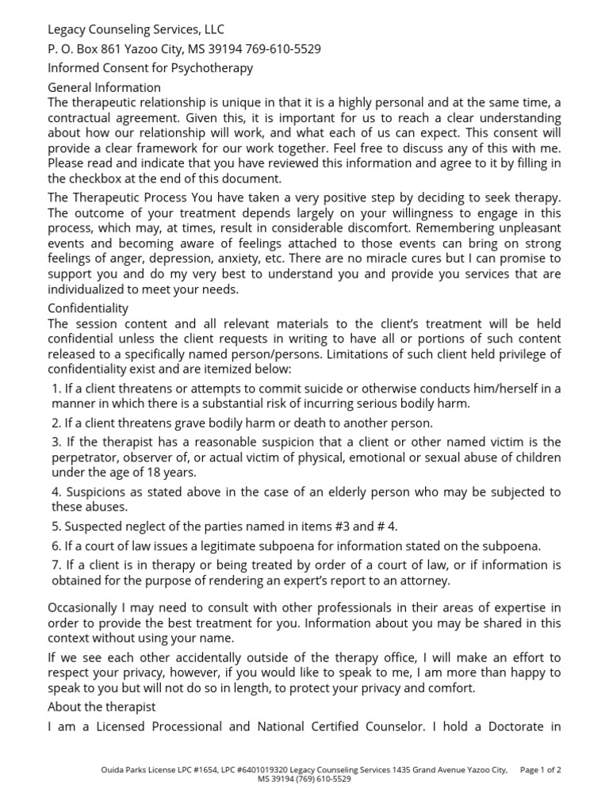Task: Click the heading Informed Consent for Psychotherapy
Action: pyautogui.click(x=151, y=68)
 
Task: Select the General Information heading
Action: pyautogui.click(x=104, y=87)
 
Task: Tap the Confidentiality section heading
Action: pyautogui.click(x=88, y=308)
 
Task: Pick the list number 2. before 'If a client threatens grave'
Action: pyautogui.click(x=56, y=423)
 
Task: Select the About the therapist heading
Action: pyautogui.click(x=101, y=706)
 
